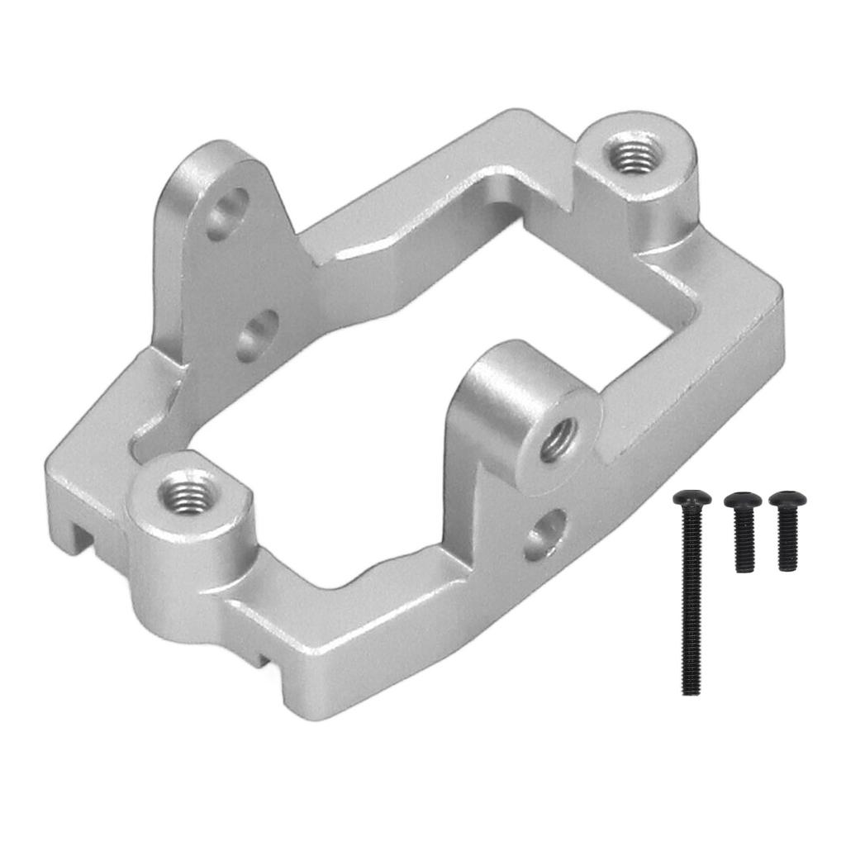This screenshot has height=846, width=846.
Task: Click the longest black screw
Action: click(692, 595)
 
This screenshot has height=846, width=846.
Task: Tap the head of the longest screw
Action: click(692, 498)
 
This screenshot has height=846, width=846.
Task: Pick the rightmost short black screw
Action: click(787, 529)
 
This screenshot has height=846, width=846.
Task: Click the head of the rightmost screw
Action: click(787, 499)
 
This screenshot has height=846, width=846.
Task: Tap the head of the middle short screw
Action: click(743, 501)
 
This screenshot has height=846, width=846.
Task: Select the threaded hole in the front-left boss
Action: click(189, 496)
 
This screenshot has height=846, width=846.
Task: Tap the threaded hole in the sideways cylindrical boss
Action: click(560, 438)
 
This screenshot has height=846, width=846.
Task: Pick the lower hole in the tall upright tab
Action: click(258, 335)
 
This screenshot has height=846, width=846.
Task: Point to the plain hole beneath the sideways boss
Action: click(546, 534)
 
